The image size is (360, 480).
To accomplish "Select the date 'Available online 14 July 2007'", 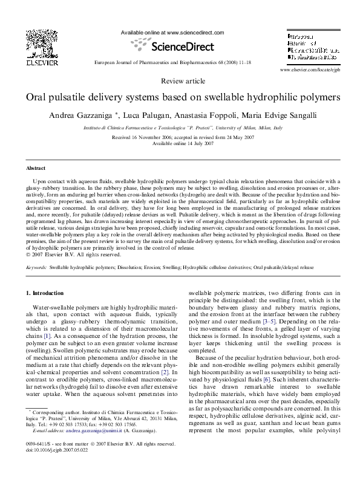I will (x=179, y=143).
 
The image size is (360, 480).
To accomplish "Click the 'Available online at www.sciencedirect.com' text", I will (x=172, y=33).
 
